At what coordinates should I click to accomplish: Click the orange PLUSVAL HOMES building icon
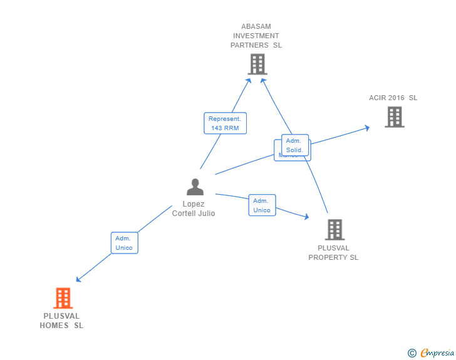(x=63, y=298)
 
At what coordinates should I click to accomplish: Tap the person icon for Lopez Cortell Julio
(x=195, y=187)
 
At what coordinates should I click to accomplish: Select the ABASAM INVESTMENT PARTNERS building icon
(x=257, y=64)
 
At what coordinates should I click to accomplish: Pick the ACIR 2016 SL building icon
(x=394, y=116)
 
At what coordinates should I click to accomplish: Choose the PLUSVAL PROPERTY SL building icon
(x=335, y=230)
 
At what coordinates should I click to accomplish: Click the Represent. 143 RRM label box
(x=225, y=123)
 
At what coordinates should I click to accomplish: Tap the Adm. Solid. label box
(x=295, y=145)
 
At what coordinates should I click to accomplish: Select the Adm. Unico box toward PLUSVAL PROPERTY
(x=262, y=205)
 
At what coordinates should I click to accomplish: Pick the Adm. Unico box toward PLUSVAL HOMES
(x=124, y=243)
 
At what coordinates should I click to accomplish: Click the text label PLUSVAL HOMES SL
(x=61, y=321)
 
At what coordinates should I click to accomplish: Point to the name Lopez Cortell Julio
(x=194, y=208)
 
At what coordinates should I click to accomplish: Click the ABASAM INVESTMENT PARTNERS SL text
(x=256, y=36)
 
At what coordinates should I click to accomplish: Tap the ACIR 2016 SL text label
(x=393, y=98)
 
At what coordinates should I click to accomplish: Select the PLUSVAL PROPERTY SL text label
(x=333, y=253)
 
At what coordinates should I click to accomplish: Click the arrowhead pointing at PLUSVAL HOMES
(x=78, y=279)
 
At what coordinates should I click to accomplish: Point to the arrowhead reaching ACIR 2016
(x=366, y=128)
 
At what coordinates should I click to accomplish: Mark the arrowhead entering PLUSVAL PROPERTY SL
(x=306, y=217)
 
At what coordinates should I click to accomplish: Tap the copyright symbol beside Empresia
(x=412, y=353)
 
